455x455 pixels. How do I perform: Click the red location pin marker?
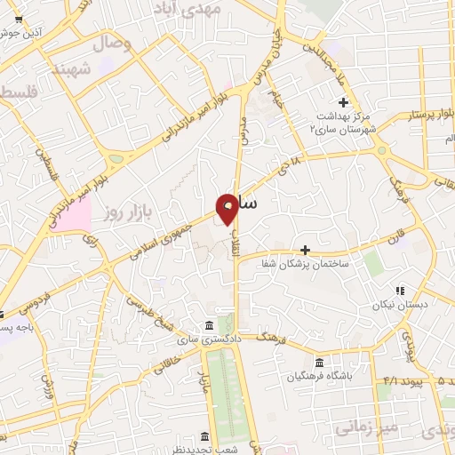tap(227, 208)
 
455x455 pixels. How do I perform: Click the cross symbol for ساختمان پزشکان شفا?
tap(306, 250)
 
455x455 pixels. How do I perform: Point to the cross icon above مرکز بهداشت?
tap(343, 101)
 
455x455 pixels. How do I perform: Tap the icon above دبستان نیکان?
tap(400, 290)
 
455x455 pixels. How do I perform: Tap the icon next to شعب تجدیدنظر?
tap(205, 436)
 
